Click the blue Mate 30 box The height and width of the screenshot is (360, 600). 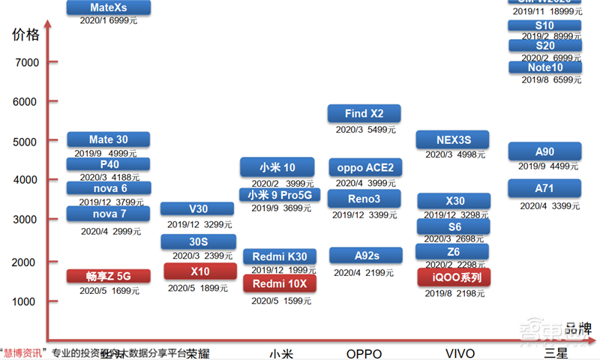pyautogui.click(x=109, y=139)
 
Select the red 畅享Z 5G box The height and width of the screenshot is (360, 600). pyautogui.click(x=109, y=276)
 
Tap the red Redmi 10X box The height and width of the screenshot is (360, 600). pyautogui.click(x=280, y=283)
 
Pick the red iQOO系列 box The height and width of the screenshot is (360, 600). pyautogui.click(x=453, y=277)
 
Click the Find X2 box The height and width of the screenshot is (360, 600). pyautogui.click(x=364, y=114)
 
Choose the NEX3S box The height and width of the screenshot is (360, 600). pyautogui.click(x=453, y=139)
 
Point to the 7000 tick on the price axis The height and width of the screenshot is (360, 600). pyautogui.click(x=27, y=62)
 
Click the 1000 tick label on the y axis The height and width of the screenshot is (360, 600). pyautogui.click(x=27, y=301)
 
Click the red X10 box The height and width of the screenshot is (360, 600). pyautogui.click(x=200, y=271)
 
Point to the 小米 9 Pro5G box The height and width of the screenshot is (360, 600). pyautogui.click(x=280, y=196)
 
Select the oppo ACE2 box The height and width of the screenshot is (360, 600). pyautogui.click(x=365, y=166)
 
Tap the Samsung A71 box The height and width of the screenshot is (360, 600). pyautogui.click(x=544, y=188)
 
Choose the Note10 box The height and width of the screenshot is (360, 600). pyautogui.click(x=544, y=67)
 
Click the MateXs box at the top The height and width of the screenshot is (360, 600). pyautogui.click(x=109, y=7)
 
